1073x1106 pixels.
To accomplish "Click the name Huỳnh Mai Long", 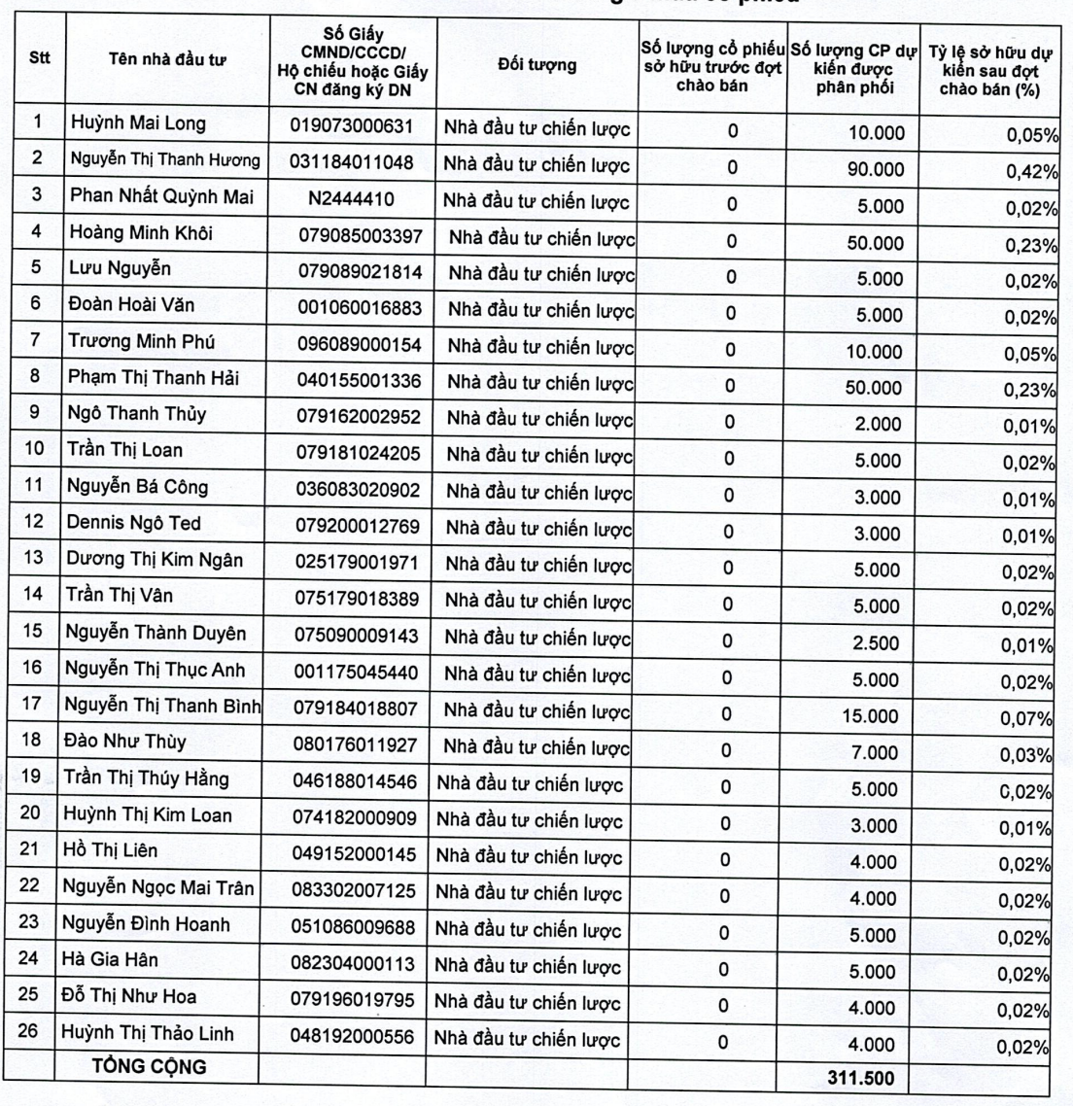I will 137,124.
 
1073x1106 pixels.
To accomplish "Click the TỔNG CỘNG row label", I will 149,1066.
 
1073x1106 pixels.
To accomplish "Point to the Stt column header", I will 40,56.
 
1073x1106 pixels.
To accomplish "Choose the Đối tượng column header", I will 536,65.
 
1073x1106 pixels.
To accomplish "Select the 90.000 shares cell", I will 876,170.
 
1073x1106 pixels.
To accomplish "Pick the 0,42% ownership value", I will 1031,173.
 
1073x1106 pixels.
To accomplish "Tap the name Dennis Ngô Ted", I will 133,523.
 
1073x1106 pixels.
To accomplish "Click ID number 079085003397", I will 357,236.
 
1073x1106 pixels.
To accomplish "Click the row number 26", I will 30,1031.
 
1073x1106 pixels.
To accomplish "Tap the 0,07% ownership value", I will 1031,720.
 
